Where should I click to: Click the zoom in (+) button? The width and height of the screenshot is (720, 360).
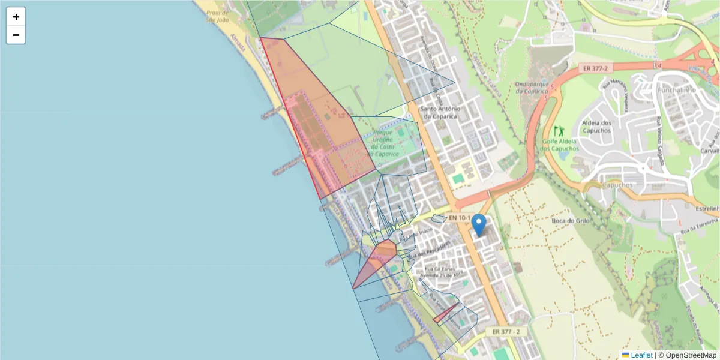click(x=16, y=17)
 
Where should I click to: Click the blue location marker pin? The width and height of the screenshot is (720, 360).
click(x=479, y=224)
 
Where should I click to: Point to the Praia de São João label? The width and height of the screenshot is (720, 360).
click(x=218, y=16)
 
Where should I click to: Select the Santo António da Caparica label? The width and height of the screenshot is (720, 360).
click(x=440, y=113)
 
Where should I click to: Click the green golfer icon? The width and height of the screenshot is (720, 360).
click(x=559, y=131)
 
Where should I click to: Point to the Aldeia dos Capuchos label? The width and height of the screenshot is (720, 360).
click(x=596, y=127)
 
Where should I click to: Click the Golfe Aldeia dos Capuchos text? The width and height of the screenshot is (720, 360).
click(x=559, y=145)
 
